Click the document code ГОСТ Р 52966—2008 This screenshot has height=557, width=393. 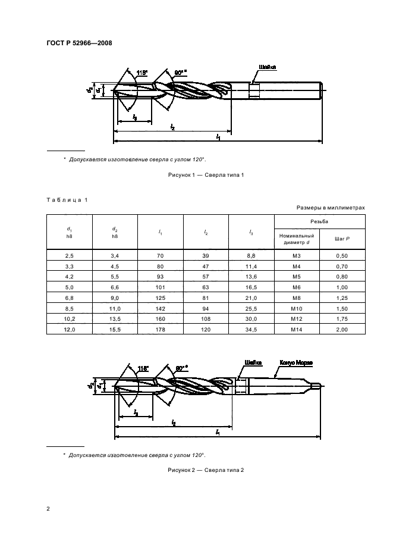coord(79,43)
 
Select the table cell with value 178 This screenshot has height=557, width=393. coord(161,329)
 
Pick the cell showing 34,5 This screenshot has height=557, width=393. coord(251,329)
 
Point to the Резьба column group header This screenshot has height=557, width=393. coord(319,221)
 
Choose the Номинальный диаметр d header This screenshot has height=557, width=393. coord(297,239)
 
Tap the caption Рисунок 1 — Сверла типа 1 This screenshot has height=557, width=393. coord(203,174)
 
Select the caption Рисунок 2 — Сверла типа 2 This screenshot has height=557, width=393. coord(203,470)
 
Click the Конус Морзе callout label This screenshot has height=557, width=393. coord(295,362)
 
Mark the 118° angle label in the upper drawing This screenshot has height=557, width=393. coord(142,73)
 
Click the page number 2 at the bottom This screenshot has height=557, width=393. coord(49,509)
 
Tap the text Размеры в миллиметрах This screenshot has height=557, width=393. coord(329,207)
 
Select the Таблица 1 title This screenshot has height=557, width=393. coord(67,199)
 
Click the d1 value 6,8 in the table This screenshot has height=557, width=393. coord(70,297)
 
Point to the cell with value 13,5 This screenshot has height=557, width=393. coord(115,318)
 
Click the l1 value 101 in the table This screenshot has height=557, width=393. coord(161,286)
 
